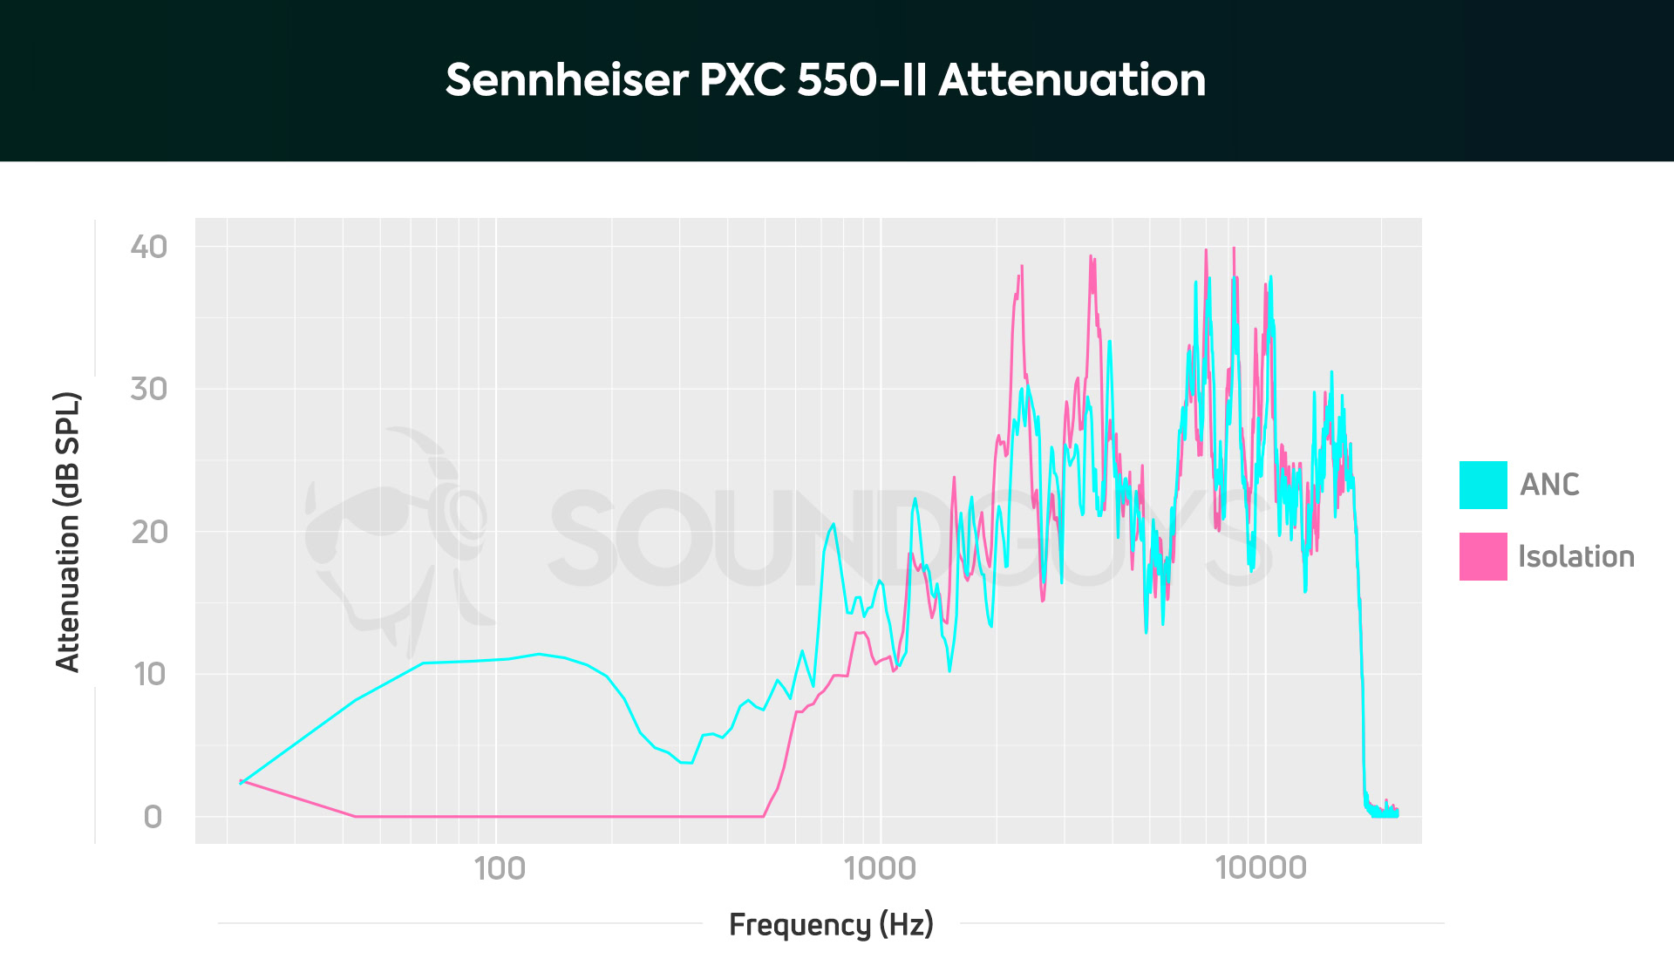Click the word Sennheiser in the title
567,80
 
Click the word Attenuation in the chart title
1072,80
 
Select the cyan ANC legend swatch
1482,485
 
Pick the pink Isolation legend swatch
1482,556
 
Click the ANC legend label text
1549,485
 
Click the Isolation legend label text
1575,556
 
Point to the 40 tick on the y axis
148,247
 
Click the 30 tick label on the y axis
148,389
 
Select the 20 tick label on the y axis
148,532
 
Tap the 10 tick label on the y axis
148,674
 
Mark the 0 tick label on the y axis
153,817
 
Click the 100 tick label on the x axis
500,868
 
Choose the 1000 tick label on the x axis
880,868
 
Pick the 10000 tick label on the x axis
1261,868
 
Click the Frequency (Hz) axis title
831,924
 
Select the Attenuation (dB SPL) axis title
68,532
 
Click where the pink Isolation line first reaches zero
355,816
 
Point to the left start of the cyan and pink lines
242,782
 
